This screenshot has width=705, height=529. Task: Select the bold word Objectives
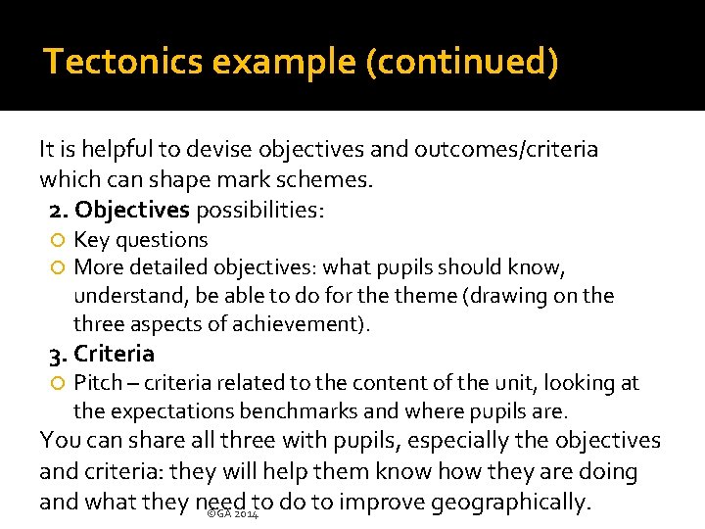pos(132,210)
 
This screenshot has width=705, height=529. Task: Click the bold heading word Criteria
pos(115,354)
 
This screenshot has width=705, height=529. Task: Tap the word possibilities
pos(259,210)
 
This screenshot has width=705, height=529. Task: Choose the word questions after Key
pos(161,240)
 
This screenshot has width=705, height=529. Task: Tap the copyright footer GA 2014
pos(234,513)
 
